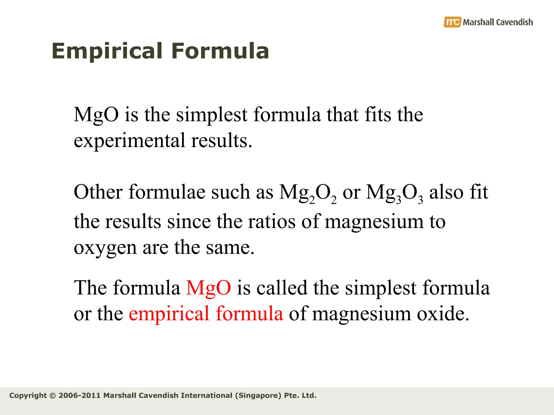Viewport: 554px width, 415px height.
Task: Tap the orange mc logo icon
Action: [x=452, y=22]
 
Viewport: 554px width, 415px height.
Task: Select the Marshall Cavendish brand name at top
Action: [x=498, y=22]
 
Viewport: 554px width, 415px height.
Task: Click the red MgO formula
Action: [x=209, y=288]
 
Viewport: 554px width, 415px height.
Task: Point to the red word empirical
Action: [x=169, y=314]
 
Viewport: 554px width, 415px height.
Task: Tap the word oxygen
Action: [x=105, y=248]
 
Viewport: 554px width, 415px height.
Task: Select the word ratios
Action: [x=272, y=222]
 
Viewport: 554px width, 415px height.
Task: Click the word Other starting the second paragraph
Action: [x=98, y=192]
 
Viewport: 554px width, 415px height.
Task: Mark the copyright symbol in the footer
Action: [x=53, y=396]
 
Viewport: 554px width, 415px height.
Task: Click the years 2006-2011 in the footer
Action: [x=80, y=396]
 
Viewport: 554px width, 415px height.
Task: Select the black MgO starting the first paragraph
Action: [x=96, y=115]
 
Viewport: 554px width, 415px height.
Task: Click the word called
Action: [x=282, y=288]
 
